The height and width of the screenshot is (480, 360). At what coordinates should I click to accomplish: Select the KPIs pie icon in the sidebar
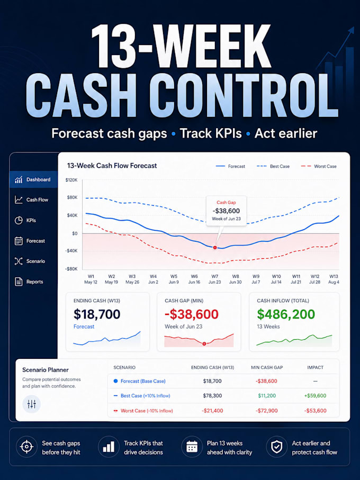pos(19,220)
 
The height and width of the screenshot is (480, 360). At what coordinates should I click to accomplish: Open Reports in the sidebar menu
pos(29,282)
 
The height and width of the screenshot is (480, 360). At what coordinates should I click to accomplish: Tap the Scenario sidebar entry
pos(30,261)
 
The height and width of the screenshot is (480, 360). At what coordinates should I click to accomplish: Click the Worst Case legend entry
pos(319,166)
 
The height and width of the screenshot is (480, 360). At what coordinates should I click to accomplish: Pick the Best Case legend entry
pos(273,166)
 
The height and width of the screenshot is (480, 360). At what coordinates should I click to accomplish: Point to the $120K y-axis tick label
pos(71,180)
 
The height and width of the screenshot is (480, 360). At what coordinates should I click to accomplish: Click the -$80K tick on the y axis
pos(71,269)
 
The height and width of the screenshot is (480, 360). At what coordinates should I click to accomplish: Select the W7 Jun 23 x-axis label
pos(214,279)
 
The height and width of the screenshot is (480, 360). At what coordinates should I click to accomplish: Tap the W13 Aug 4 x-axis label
pos(334,279)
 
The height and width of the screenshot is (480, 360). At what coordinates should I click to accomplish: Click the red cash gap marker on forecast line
pos(215,247)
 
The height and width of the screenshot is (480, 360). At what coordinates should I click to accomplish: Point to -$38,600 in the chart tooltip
pos(226,211)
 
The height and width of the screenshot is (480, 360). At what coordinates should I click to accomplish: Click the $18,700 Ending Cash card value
pos(97,314)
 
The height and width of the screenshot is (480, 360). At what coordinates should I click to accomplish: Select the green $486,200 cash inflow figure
pos(286,314)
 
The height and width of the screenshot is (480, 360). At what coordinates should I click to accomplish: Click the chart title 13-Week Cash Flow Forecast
pos(112,166)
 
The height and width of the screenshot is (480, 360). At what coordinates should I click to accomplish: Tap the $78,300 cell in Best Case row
pos(212,395)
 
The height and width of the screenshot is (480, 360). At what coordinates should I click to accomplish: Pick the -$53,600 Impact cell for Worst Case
pos(316,411)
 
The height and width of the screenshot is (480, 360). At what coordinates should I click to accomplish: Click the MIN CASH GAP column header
pos(267,367)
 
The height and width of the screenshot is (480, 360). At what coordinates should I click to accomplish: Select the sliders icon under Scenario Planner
pos(32,404)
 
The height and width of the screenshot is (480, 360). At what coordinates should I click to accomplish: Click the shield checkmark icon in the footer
pos(277,447)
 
